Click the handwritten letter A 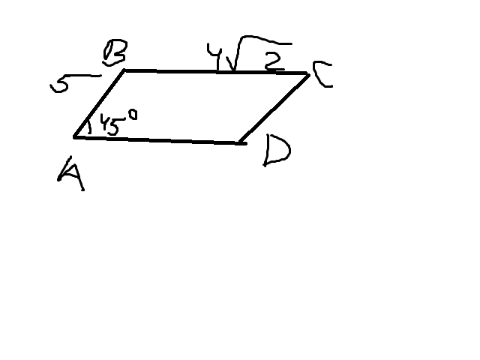tap(71, 175)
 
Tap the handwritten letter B tap(115, 52)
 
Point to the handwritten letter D tap(277, 151)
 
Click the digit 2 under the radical tap(273, 61)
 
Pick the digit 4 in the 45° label tap(105, 123)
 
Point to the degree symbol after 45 tap(133, 115)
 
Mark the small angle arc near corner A tap(88, 127)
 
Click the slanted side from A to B tap(99, 103)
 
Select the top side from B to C tap(217, 72)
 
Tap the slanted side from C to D tap(274, 108)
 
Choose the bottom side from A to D tap(159, 140)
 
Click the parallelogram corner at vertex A tap(74, 137)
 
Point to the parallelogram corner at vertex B tap(124, 70)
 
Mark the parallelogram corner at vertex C tap(308, 74)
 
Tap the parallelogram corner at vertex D tap(241, 142)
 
